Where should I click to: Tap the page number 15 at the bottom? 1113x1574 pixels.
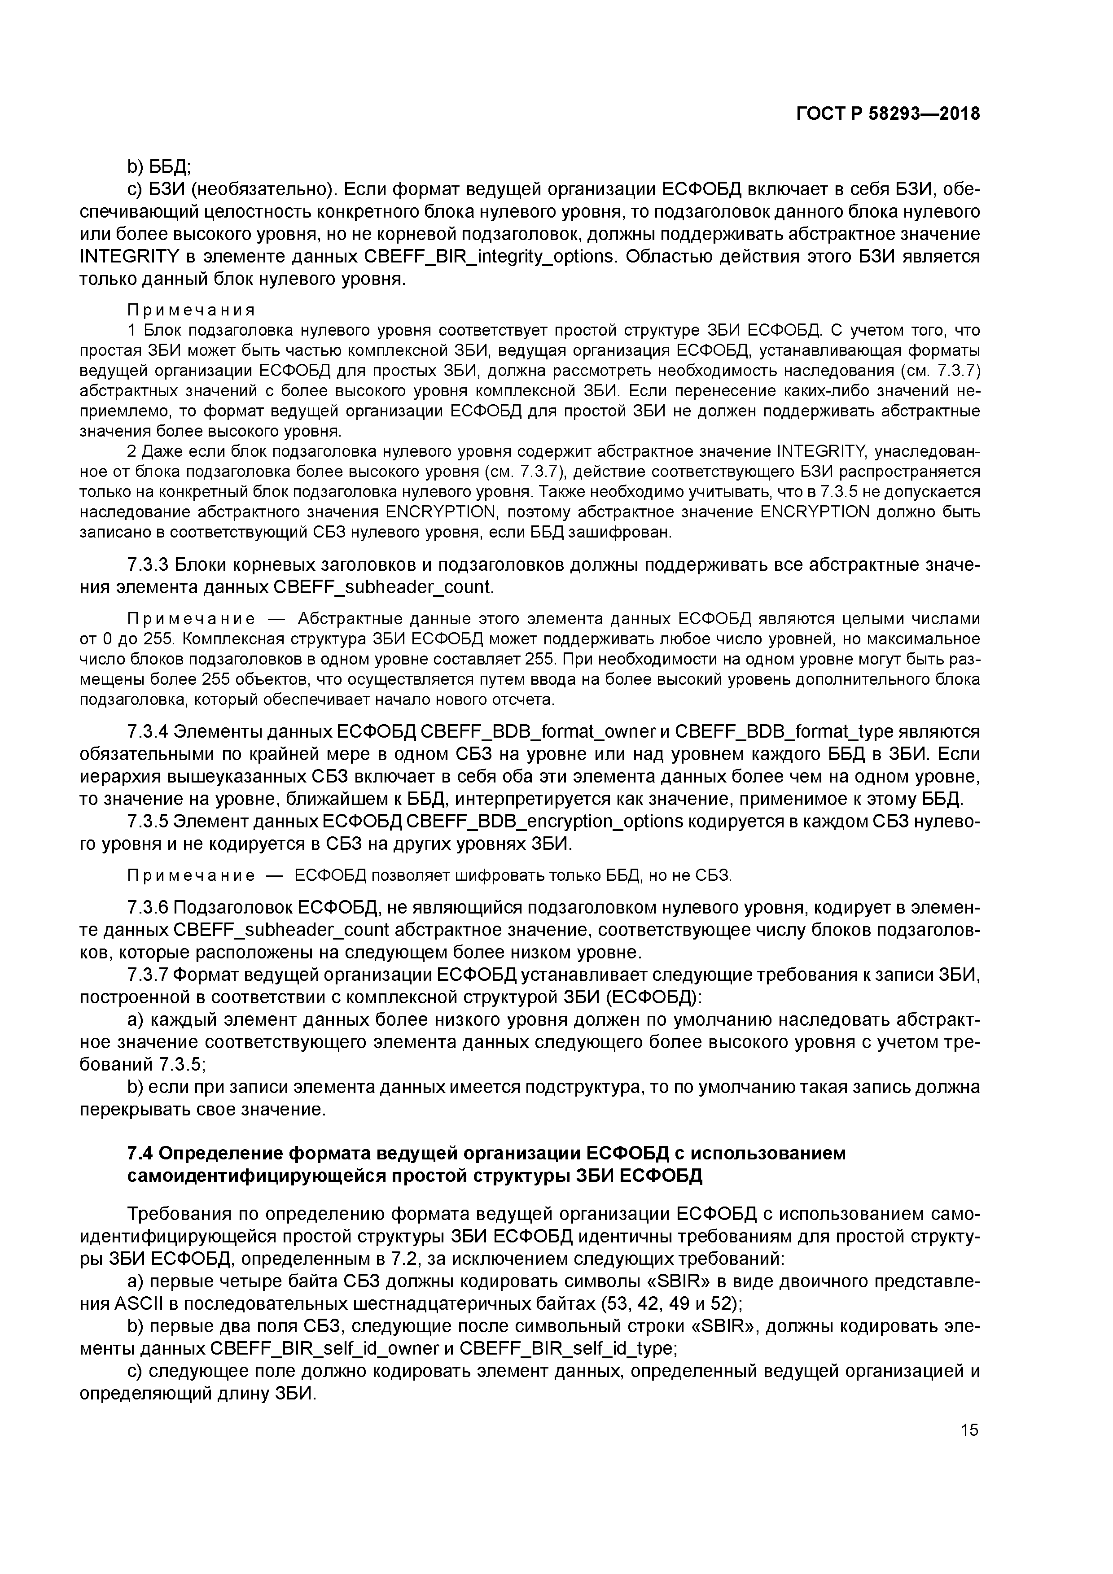969,1430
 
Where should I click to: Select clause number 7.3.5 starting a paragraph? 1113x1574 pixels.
148,821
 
